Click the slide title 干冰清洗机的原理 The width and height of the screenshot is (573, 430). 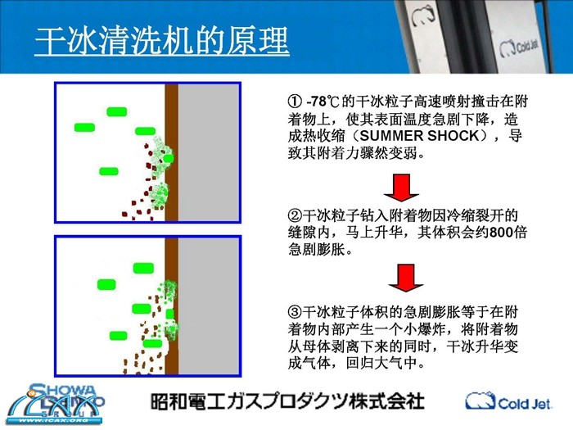(162, 41)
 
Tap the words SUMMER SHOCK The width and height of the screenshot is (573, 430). (419, 136)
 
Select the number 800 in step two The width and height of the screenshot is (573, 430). (501, 233)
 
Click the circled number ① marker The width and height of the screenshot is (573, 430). (295, 102)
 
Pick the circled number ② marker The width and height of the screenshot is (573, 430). (295, 215)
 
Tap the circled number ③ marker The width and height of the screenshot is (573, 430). (295, 312)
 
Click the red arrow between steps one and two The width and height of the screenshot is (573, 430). (401, 188)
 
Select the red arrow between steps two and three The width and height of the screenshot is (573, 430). (406, 278)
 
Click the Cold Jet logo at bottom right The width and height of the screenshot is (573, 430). (508, 401)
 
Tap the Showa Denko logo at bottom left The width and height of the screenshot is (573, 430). (56, 404)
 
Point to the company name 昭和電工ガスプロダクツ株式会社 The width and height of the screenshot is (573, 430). (287, 401)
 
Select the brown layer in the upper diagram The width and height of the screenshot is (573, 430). (171, 152)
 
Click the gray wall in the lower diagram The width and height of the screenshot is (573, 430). (208, 306)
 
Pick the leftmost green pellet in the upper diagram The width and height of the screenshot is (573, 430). (84, 127)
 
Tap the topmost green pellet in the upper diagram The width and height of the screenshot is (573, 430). (117, 111)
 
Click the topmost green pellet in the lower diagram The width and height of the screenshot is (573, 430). (143, 268)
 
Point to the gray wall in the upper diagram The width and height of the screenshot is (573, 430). (208, 152)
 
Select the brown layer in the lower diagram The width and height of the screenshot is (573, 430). (171, 306)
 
